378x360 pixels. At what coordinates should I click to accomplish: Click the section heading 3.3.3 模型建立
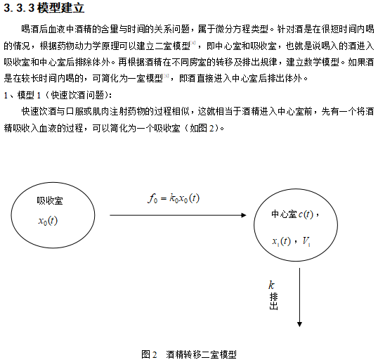(x=44, y=8)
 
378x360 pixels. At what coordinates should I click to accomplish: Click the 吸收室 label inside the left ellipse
(x=50, y=201)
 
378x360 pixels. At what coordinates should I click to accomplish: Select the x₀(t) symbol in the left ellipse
(x=48, y=221)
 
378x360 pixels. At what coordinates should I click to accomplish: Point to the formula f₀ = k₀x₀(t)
(x=174, y=198)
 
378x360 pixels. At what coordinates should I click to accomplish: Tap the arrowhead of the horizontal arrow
(x=244, y=215)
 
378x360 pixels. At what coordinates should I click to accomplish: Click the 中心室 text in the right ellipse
(x=285, y=214)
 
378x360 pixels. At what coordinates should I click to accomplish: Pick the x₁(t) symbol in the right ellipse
(x=282, y=241)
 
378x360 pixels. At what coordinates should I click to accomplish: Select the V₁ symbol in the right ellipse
(x=306, y=241)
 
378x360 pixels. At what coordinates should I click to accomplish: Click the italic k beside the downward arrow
(x=271, y=285)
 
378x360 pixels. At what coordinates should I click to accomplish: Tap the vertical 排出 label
(x=273, y=301)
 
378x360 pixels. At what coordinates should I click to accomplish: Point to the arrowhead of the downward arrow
(x=299, y=324)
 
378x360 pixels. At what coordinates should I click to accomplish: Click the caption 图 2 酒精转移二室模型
(x=189, y=354)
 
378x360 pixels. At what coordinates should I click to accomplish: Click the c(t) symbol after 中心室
(x=306, y=214)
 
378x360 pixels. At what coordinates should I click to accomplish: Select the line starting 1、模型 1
(x=58, y=95)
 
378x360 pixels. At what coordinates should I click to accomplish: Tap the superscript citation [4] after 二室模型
(x=193, y=43)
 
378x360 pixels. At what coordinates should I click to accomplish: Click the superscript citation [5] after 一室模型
(x=166, y=76)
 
